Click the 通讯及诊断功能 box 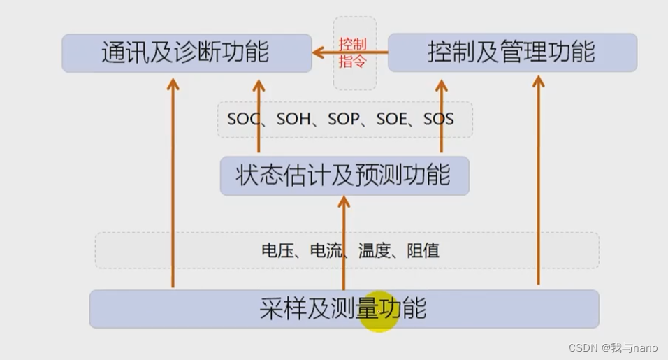click(x=187, y=52)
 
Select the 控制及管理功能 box click(x=512, y=52)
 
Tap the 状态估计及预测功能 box click(x=344, y=175)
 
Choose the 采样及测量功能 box click(x=344, y=308)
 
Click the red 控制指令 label click(x=354, y=52)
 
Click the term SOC click(x=242, y=120)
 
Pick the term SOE click(x=391, y=120)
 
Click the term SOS click(x=439, y=120)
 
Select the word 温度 click(x=373, y=250)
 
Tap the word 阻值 click(x=423, y=250)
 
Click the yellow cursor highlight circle click(x=377, y=312)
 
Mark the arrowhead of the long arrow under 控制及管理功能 click(x=538, y=81)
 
